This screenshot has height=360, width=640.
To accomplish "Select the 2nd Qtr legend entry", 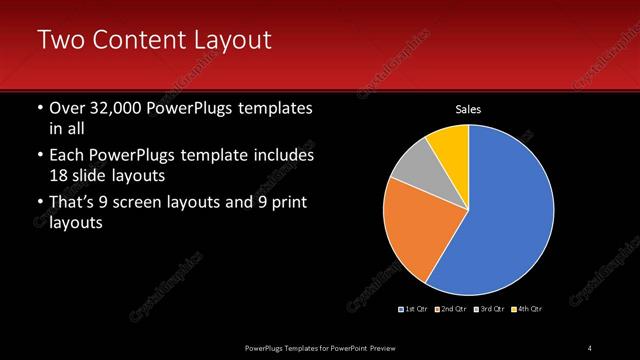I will pyautogui.click(x=450, y=308).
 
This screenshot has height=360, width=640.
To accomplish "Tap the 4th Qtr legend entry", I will pyautogui.click(x=526, y=308).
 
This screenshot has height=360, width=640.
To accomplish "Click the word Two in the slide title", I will pyautogui.click(x=58, y=40).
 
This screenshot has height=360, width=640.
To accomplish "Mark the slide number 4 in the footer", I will pyautogui.click(x=590, y=347).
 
